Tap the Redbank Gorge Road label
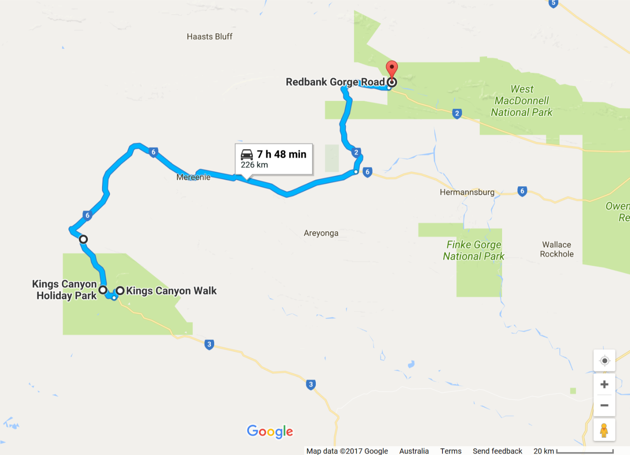pyautogui.click(x=335, y=82)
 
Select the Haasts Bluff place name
pyautogui.click(x=209, y=37)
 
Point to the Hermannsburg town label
pyautogui.click(x=467, y=192)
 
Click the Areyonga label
pyautogui.click(x=321, y=233)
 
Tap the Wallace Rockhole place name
pyautogui.click(x=557, y=249)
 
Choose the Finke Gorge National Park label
pyautogui.click(x=473, y=250)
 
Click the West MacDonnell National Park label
pyautogui.click(x=522, y=101)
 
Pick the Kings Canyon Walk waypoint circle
pyautogui.click(x=120, y=290)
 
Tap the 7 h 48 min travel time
pyautogui.click(x=282, y=154)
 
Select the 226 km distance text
pyautogui.click(x=254, y=165)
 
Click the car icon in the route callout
pyautogui.click(x=247, y=155)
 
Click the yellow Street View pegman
pyautogui.click(x=604, y=430)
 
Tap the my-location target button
pyautogui.click(x=604, y=360)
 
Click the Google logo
pyautogui.click(x=270, y=432)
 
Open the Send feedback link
pyautogui.click(x=497, y=451)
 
